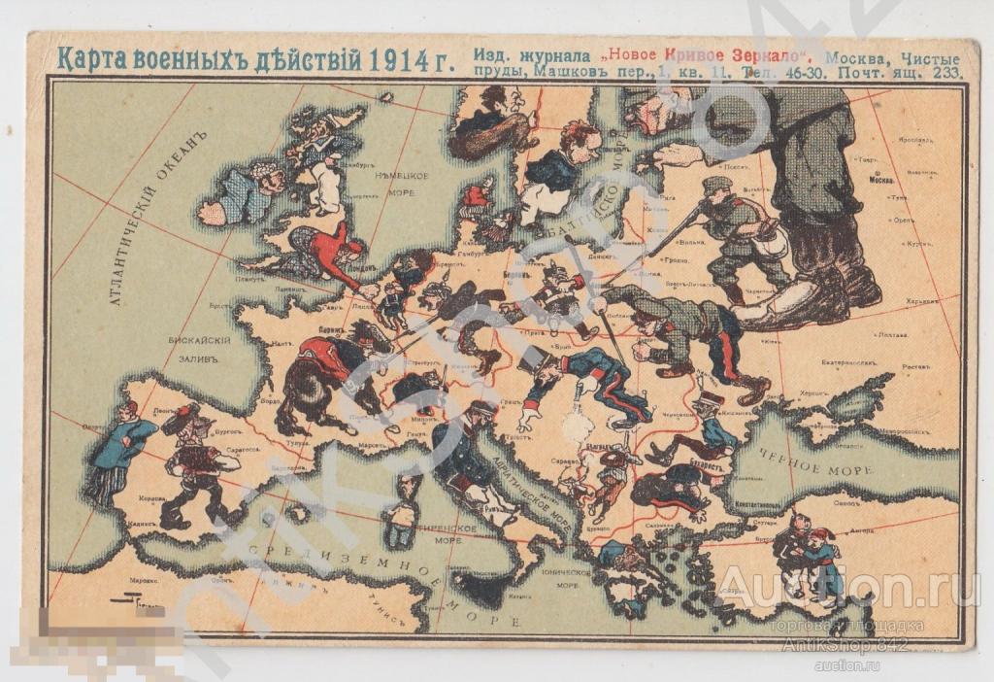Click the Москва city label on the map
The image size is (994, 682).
[x=881, y=180]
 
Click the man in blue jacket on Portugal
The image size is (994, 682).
[x=124, y=447]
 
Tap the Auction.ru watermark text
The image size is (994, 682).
[x=847, y=588]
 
